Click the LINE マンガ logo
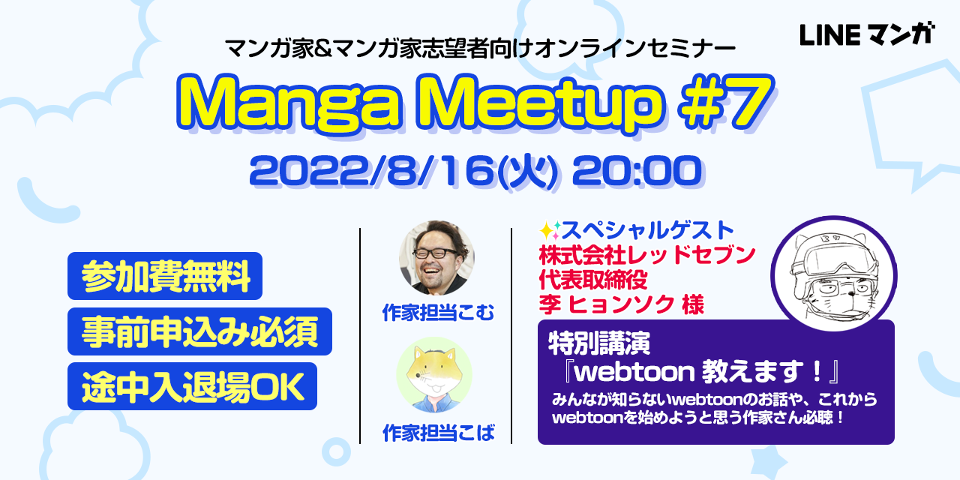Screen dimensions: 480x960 click(867, 34)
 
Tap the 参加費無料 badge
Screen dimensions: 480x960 click(164, 276)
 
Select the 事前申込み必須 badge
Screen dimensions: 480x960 click(199, 331)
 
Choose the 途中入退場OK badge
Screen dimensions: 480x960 click(192, 386)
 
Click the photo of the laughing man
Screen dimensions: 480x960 click(436, 257)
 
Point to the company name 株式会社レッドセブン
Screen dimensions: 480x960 click(646, 255)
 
